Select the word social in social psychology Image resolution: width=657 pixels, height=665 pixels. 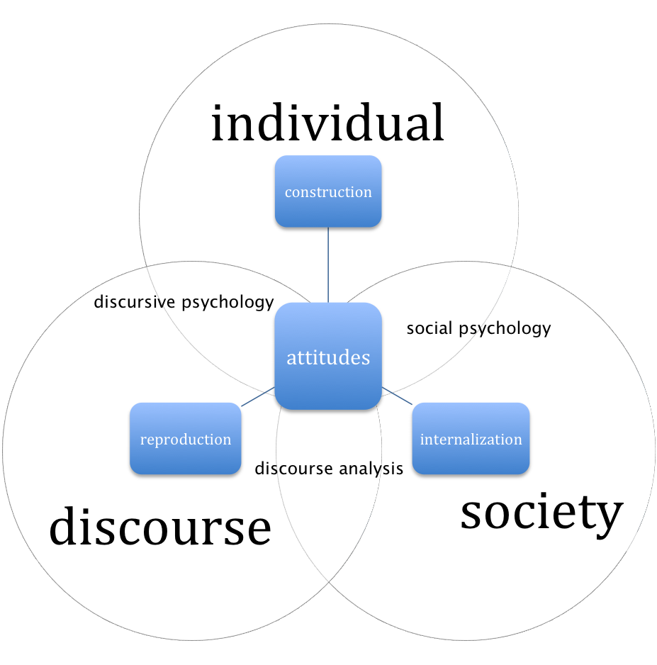(x=430, y=328)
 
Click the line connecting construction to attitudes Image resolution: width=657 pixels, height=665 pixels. (x=328, y=264)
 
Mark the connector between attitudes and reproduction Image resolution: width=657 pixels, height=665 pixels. (x=258, y=397)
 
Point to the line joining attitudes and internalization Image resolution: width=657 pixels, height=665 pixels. (x=397, y=395)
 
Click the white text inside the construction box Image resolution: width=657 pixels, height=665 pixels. (x=328, y=192)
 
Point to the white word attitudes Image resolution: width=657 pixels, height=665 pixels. (x=328, y=357)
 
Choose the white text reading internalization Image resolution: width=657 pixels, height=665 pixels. (x=471, y=440)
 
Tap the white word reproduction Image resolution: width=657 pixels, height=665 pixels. (x=186, y=440)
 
